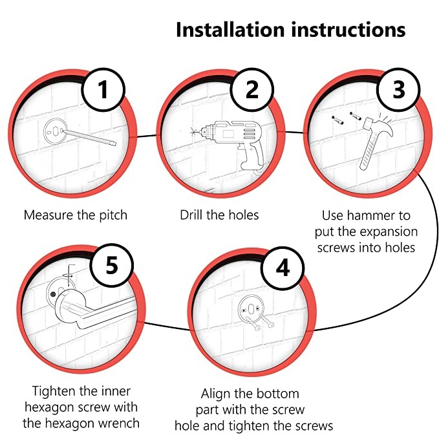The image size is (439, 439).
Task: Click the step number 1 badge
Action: (103, 90)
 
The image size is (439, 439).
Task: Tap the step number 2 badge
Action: (252, 90)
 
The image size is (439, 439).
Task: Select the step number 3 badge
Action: (399, 90)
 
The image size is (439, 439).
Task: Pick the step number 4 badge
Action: (283, 268)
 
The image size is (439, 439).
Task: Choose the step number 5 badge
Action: (112, 265)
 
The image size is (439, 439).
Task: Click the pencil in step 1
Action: (88, 138)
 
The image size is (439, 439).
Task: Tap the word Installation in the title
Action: (230, 30)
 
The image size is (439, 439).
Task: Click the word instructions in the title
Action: (348, 30)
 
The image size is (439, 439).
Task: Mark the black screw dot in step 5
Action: (53, 294)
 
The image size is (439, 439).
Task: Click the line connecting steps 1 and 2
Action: (146, 136)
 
